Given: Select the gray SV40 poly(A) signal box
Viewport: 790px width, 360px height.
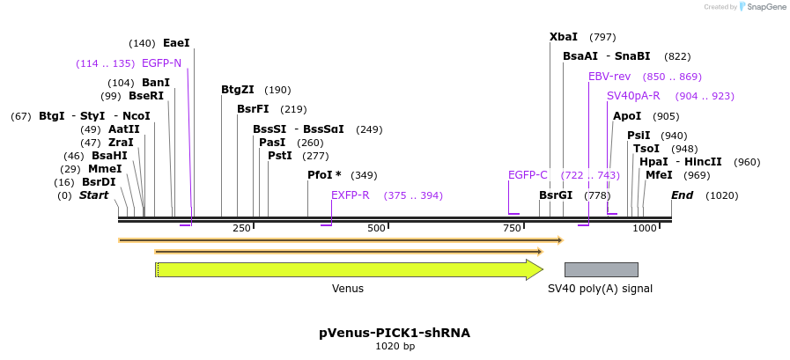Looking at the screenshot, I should [601, 269].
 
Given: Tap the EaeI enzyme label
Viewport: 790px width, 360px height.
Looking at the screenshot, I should [176, 43].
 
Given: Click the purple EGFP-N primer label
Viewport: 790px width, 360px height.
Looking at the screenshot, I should [161, 63].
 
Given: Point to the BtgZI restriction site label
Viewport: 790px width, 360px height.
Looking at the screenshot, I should [238, 90].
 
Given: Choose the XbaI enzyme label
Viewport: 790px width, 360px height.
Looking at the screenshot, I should [564, 37].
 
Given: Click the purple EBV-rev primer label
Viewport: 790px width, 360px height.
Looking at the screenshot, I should [609, 77].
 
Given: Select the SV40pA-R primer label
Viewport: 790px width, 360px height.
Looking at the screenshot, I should [633, 96].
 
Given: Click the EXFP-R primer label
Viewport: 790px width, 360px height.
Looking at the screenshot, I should [351, 195].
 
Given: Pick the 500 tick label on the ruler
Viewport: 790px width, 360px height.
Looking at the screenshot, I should [377, 228].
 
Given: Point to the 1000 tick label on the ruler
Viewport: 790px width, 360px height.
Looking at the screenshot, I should [645, 228].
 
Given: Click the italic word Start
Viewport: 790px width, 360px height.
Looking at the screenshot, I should [94, 195].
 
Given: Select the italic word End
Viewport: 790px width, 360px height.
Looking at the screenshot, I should [683, 195].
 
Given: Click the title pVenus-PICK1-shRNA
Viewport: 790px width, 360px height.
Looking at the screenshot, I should [395, 333].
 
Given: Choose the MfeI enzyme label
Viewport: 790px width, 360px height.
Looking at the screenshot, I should [659, 175].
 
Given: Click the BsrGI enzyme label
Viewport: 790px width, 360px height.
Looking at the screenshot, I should [557, 195].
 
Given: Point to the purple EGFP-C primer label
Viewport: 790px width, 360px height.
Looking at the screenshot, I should [528, 175].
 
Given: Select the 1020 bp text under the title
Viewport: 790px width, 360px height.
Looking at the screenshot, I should [395, 347].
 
